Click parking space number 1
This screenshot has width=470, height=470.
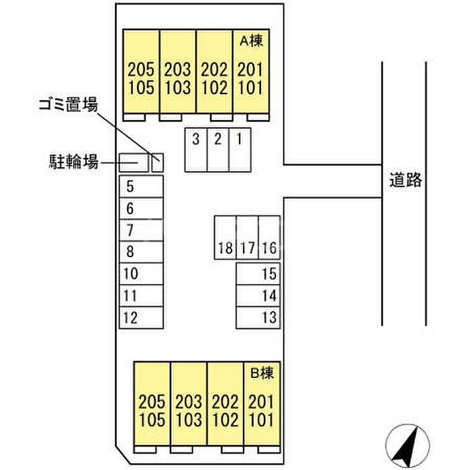coord(240,149)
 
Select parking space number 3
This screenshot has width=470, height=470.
coord(195,149)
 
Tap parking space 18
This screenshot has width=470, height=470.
coord(225,237)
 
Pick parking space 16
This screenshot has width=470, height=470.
coord(269,237)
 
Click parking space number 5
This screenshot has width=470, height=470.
coord(141,187)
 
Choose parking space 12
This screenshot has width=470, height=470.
coord(141,317)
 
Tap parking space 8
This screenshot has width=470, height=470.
coord(141,252)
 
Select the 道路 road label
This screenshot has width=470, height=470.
coord(405,180)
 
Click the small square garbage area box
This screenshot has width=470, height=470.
coord(157,162)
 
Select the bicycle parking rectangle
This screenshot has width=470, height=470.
coord(133,161)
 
